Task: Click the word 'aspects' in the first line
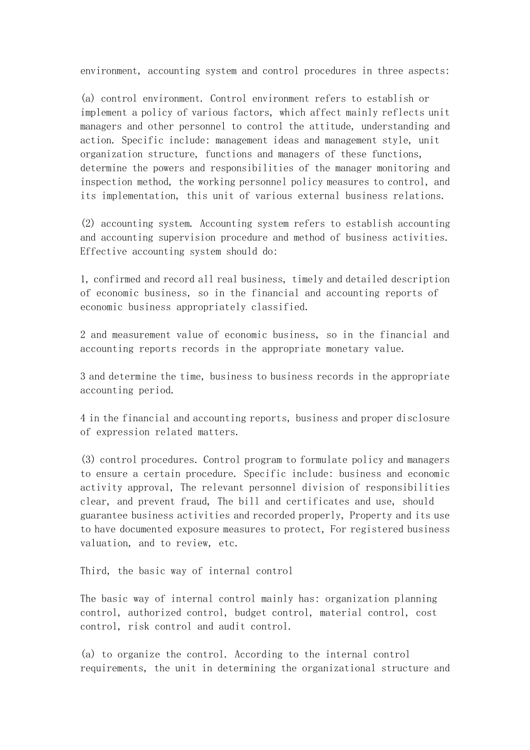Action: [427, 71]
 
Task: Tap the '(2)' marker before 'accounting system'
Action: [88, 224]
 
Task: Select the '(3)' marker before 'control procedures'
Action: [88, 460]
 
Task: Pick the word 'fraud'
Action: [182, 502]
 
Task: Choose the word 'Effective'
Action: [103, 252]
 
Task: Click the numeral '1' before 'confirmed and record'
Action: [83, 280]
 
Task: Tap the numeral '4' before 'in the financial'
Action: [83, 418]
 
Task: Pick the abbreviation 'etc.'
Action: [228, 543]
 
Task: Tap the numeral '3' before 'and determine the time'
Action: [83, 377]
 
